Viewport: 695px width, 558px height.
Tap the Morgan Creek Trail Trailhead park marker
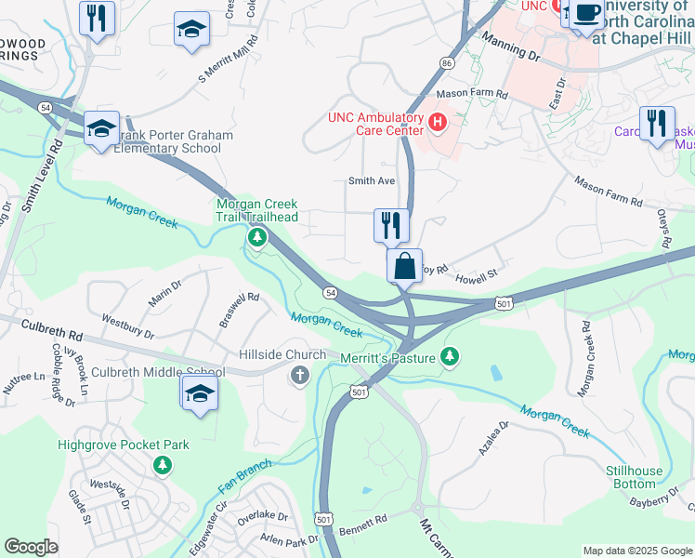[x=256, y=239]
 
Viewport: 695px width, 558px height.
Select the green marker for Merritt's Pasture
[x=450, y=355]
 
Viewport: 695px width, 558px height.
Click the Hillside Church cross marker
[x=299, y=375]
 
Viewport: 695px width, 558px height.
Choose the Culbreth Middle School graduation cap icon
[x=200, y=394]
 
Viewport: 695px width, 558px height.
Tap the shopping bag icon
[x=405, y=266]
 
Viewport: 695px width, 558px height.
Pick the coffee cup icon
[x=586, y=14]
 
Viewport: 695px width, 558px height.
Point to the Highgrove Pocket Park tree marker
[x=163, y=463]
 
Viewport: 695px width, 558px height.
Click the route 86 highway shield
[x=447, y=63]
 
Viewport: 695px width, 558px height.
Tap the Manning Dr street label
[x=511, y=46]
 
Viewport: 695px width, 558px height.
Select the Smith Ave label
[x=372, y=180]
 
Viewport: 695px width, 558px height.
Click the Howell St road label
[x=477, y=275]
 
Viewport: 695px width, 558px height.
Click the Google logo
[x=31, y=547]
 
